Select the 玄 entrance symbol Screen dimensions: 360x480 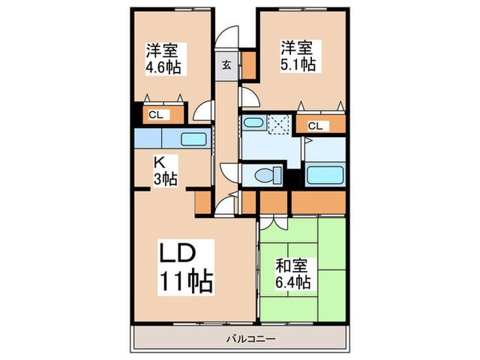pyautogui.click(x=226, y=66)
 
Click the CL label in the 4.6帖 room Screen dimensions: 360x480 pyautogui.click(x=156, y=115)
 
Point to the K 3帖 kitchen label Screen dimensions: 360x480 pyautogui.click(x=165, y=171)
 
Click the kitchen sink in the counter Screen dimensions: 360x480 pyautogui.click(x=196, y=139)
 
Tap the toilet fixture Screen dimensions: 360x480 pyautogui.click(x=262, y=174)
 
